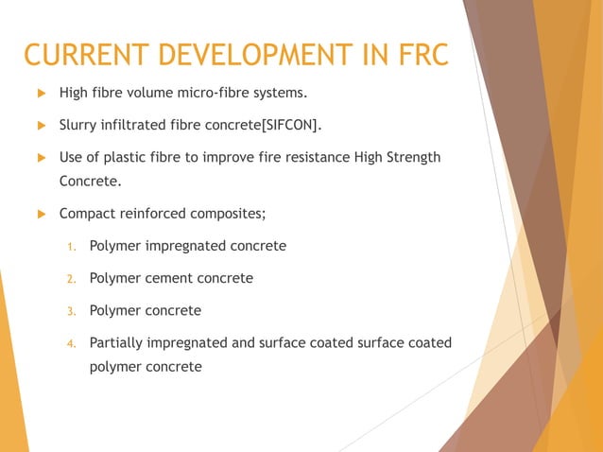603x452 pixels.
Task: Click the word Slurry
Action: (79, 125)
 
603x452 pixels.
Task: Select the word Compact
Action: (87, 214)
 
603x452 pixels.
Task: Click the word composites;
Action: (232, 214)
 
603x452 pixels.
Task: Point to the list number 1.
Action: (70, 247)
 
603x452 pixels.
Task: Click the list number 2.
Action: (70, 279)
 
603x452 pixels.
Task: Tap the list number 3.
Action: (70, 311)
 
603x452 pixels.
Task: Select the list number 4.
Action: (70, 343)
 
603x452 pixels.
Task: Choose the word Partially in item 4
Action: (117, 342)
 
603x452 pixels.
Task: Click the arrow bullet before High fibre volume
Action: (41, 93)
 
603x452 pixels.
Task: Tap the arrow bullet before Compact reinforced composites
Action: (41, 214)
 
